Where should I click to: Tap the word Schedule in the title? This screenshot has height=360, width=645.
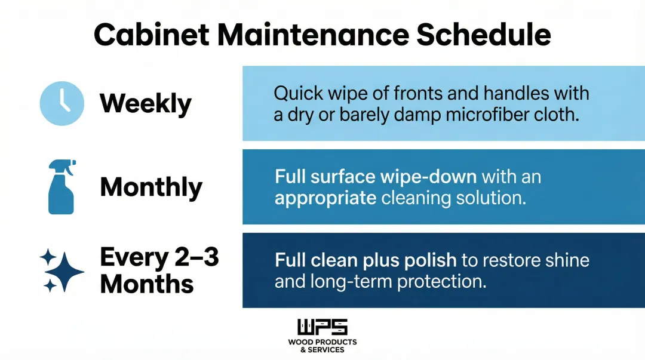coord(484,35)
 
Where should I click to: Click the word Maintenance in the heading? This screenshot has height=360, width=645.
coord(312,35)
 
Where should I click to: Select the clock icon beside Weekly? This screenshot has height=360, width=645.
coord(62,103)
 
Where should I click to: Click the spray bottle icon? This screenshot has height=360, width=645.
coord(62,186)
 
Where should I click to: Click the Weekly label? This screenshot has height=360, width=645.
coord(145,103)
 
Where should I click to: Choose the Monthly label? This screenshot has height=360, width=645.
coord(151,187)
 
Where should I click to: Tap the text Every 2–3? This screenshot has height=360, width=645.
coord(159,257)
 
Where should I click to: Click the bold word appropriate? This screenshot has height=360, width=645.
coord(325,198)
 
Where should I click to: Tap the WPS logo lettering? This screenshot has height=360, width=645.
coord(322,328)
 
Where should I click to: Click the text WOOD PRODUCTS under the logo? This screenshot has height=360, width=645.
coord(322,342)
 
